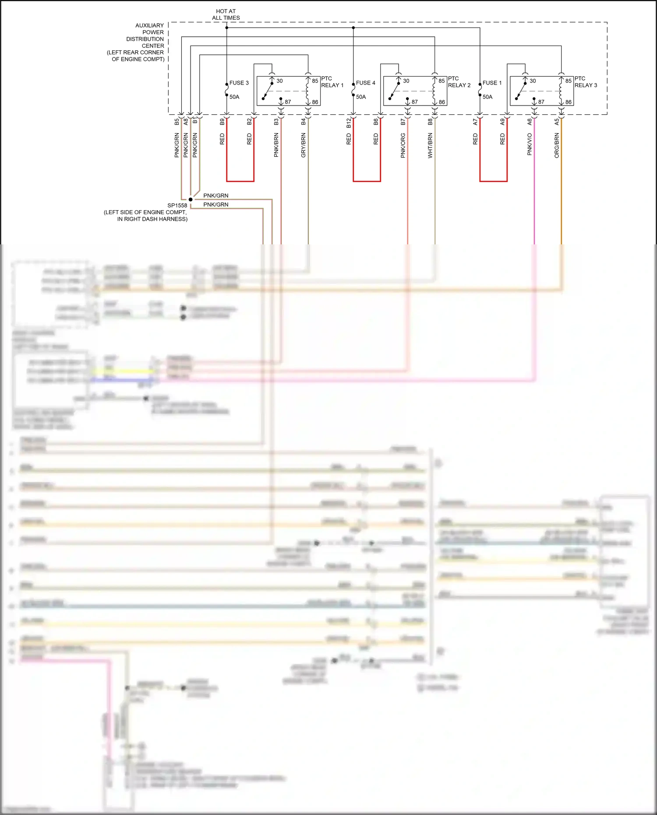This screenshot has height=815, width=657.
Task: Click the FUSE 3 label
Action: click(239, 83)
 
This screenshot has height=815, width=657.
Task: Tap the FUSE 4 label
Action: click(365, 83)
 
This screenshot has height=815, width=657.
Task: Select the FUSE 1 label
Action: click(492, 83)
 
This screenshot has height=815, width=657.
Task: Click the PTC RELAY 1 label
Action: click(332, 82)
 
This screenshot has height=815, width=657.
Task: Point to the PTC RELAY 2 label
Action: click(459, 82)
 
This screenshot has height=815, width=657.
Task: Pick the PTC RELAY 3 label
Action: click(586, 82)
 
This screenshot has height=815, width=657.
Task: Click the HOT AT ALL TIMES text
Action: click(226, 14)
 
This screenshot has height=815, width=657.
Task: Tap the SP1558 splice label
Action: click(177, 205)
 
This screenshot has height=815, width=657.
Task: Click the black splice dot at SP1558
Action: click(191, 199)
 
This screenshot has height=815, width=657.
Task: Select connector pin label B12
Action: click(349, 123)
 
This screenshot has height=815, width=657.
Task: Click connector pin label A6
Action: click(530, 122)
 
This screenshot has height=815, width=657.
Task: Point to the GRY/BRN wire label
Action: click(303, 145)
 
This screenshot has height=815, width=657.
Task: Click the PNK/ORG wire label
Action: click(403, 145)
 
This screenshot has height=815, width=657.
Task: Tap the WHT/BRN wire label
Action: click(430, 145)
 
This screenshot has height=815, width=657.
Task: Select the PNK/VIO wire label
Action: click(530, 145)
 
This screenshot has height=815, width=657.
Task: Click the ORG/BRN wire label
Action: click(557, 145)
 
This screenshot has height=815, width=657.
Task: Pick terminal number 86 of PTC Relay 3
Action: click(568, 102)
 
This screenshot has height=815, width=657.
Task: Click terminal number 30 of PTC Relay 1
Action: click(279, 81)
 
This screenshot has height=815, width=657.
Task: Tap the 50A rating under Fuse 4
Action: click(361, 97)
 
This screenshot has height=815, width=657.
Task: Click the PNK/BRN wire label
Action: click(276, 145)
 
